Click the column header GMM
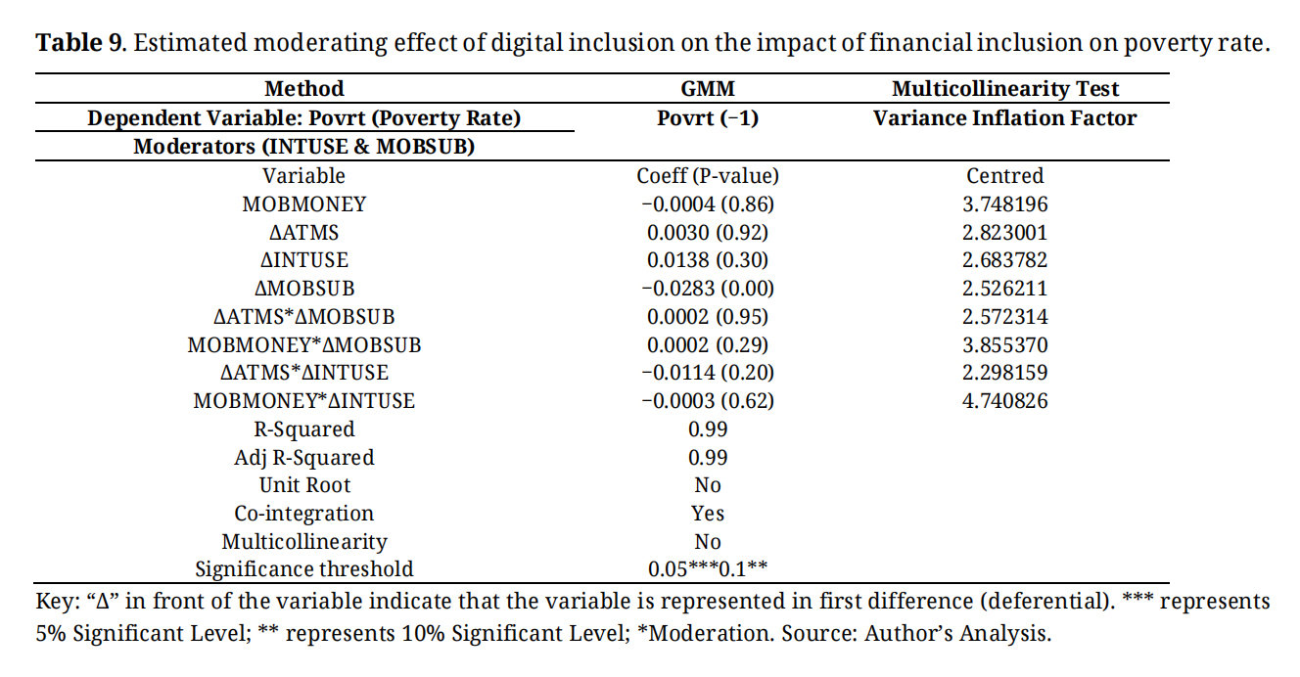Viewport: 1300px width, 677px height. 707,89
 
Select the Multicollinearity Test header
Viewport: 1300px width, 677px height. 1005,89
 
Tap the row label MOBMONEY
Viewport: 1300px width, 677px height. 304,204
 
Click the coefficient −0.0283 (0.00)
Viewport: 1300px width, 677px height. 707,289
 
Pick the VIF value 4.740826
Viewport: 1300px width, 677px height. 1005,401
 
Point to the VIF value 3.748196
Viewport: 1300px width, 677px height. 1005,204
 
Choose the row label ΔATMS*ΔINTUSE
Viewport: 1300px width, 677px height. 304,373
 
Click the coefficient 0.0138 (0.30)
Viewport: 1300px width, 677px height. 707,260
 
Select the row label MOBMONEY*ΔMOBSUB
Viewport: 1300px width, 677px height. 304,345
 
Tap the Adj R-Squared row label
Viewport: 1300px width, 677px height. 304,458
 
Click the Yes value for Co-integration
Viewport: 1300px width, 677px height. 707,514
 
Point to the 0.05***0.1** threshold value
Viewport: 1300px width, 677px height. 707,569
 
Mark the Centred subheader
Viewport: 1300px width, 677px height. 1005,176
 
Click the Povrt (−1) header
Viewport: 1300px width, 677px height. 707,118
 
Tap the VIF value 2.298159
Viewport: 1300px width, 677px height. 1005,373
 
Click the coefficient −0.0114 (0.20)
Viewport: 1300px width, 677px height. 707,373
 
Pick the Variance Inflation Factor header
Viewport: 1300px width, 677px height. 1005,118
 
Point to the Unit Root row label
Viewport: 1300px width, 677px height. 304,485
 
